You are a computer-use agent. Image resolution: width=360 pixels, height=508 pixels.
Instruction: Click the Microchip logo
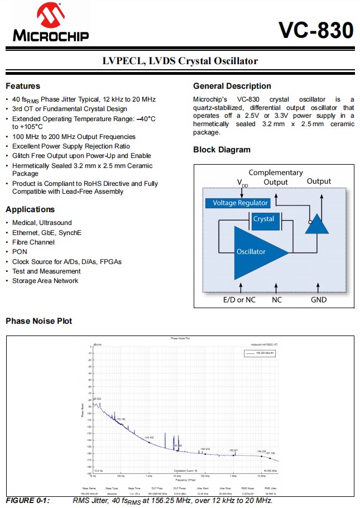(51, 23)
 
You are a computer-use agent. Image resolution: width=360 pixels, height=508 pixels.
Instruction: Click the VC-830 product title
(316, 30)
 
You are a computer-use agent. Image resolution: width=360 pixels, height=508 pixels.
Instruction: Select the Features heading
(23, 86)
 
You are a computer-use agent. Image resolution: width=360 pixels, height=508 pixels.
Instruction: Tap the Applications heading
(30, 209)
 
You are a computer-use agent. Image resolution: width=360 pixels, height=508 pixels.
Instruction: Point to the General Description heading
(232, 86)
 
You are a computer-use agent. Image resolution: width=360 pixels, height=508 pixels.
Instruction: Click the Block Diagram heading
(222, 150)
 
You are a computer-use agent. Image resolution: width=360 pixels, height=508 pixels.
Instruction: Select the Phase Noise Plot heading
(39, 321)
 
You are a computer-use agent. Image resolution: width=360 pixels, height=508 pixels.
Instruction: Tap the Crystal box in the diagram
(263, 219)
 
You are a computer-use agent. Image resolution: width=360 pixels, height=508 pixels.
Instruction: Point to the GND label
(319, 299)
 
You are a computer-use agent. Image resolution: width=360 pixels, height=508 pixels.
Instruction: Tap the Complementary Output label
(276, 177)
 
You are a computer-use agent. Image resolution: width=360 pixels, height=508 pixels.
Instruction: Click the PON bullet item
(20, 252)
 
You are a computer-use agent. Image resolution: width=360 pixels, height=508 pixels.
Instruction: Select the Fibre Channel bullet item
(33, 242)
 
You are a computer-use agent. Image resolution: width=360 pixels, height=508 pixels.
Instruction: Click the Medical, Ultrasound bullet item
(42, 223)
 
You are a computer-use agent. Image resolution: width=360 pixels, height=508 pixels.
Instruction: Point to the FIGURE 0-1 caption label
(28, 500)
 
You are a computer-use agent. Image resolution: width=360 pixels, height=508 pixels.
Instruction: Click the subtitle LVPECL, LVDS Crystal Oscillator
(180, 61)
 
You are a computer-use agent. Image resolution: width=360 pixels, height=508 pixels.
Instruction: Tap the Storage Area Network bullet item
(45, 281)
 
